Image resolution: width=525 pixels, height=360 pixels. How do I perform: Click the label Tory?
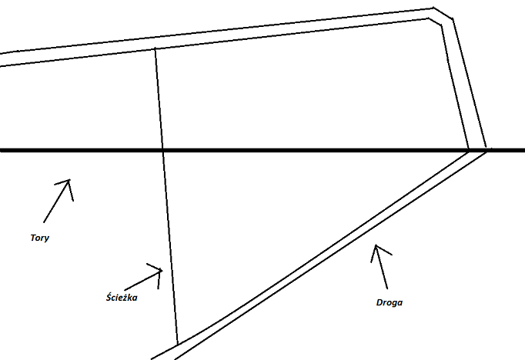click(x=37, y=238)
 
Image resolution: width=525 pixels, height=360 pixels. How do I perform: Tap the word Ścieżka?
click(x=121, y=297)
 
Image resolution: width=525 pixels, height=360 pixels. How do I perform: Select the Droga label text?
click(x=390, y=302)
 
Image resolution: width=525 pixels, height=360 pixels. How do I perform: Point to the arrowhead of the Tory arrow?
click(x=69, y=181)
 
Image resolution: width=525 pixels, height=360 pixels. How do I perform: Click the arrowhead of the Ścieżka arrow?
click(x=162, y=270)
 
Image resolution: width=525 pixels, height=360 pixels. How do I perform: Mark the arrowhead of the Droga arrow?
click(x=375, y=246)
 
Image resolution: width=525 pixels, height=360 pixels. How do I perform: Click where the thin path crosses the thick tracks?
click(x=162, y=150)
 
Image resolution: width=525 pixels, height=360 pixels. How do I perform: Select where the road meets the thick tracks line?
click(x=478, y=150)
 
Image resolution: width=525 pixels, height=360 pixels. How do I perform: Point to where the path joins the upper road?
click(x=155, y=49)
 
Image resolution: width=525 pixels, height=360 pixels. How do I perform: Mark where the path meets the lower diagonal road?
click(x=178, y=343)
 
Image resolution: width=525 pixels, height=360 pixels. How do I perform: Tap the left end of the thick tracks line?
click(x=2, y=150)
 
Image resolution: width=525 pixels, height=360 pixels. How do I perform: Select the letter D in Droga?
click(x=380, y=302)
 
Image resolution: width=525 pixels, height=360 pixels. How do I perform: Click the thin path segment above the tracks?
click(x=159, y=100)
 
